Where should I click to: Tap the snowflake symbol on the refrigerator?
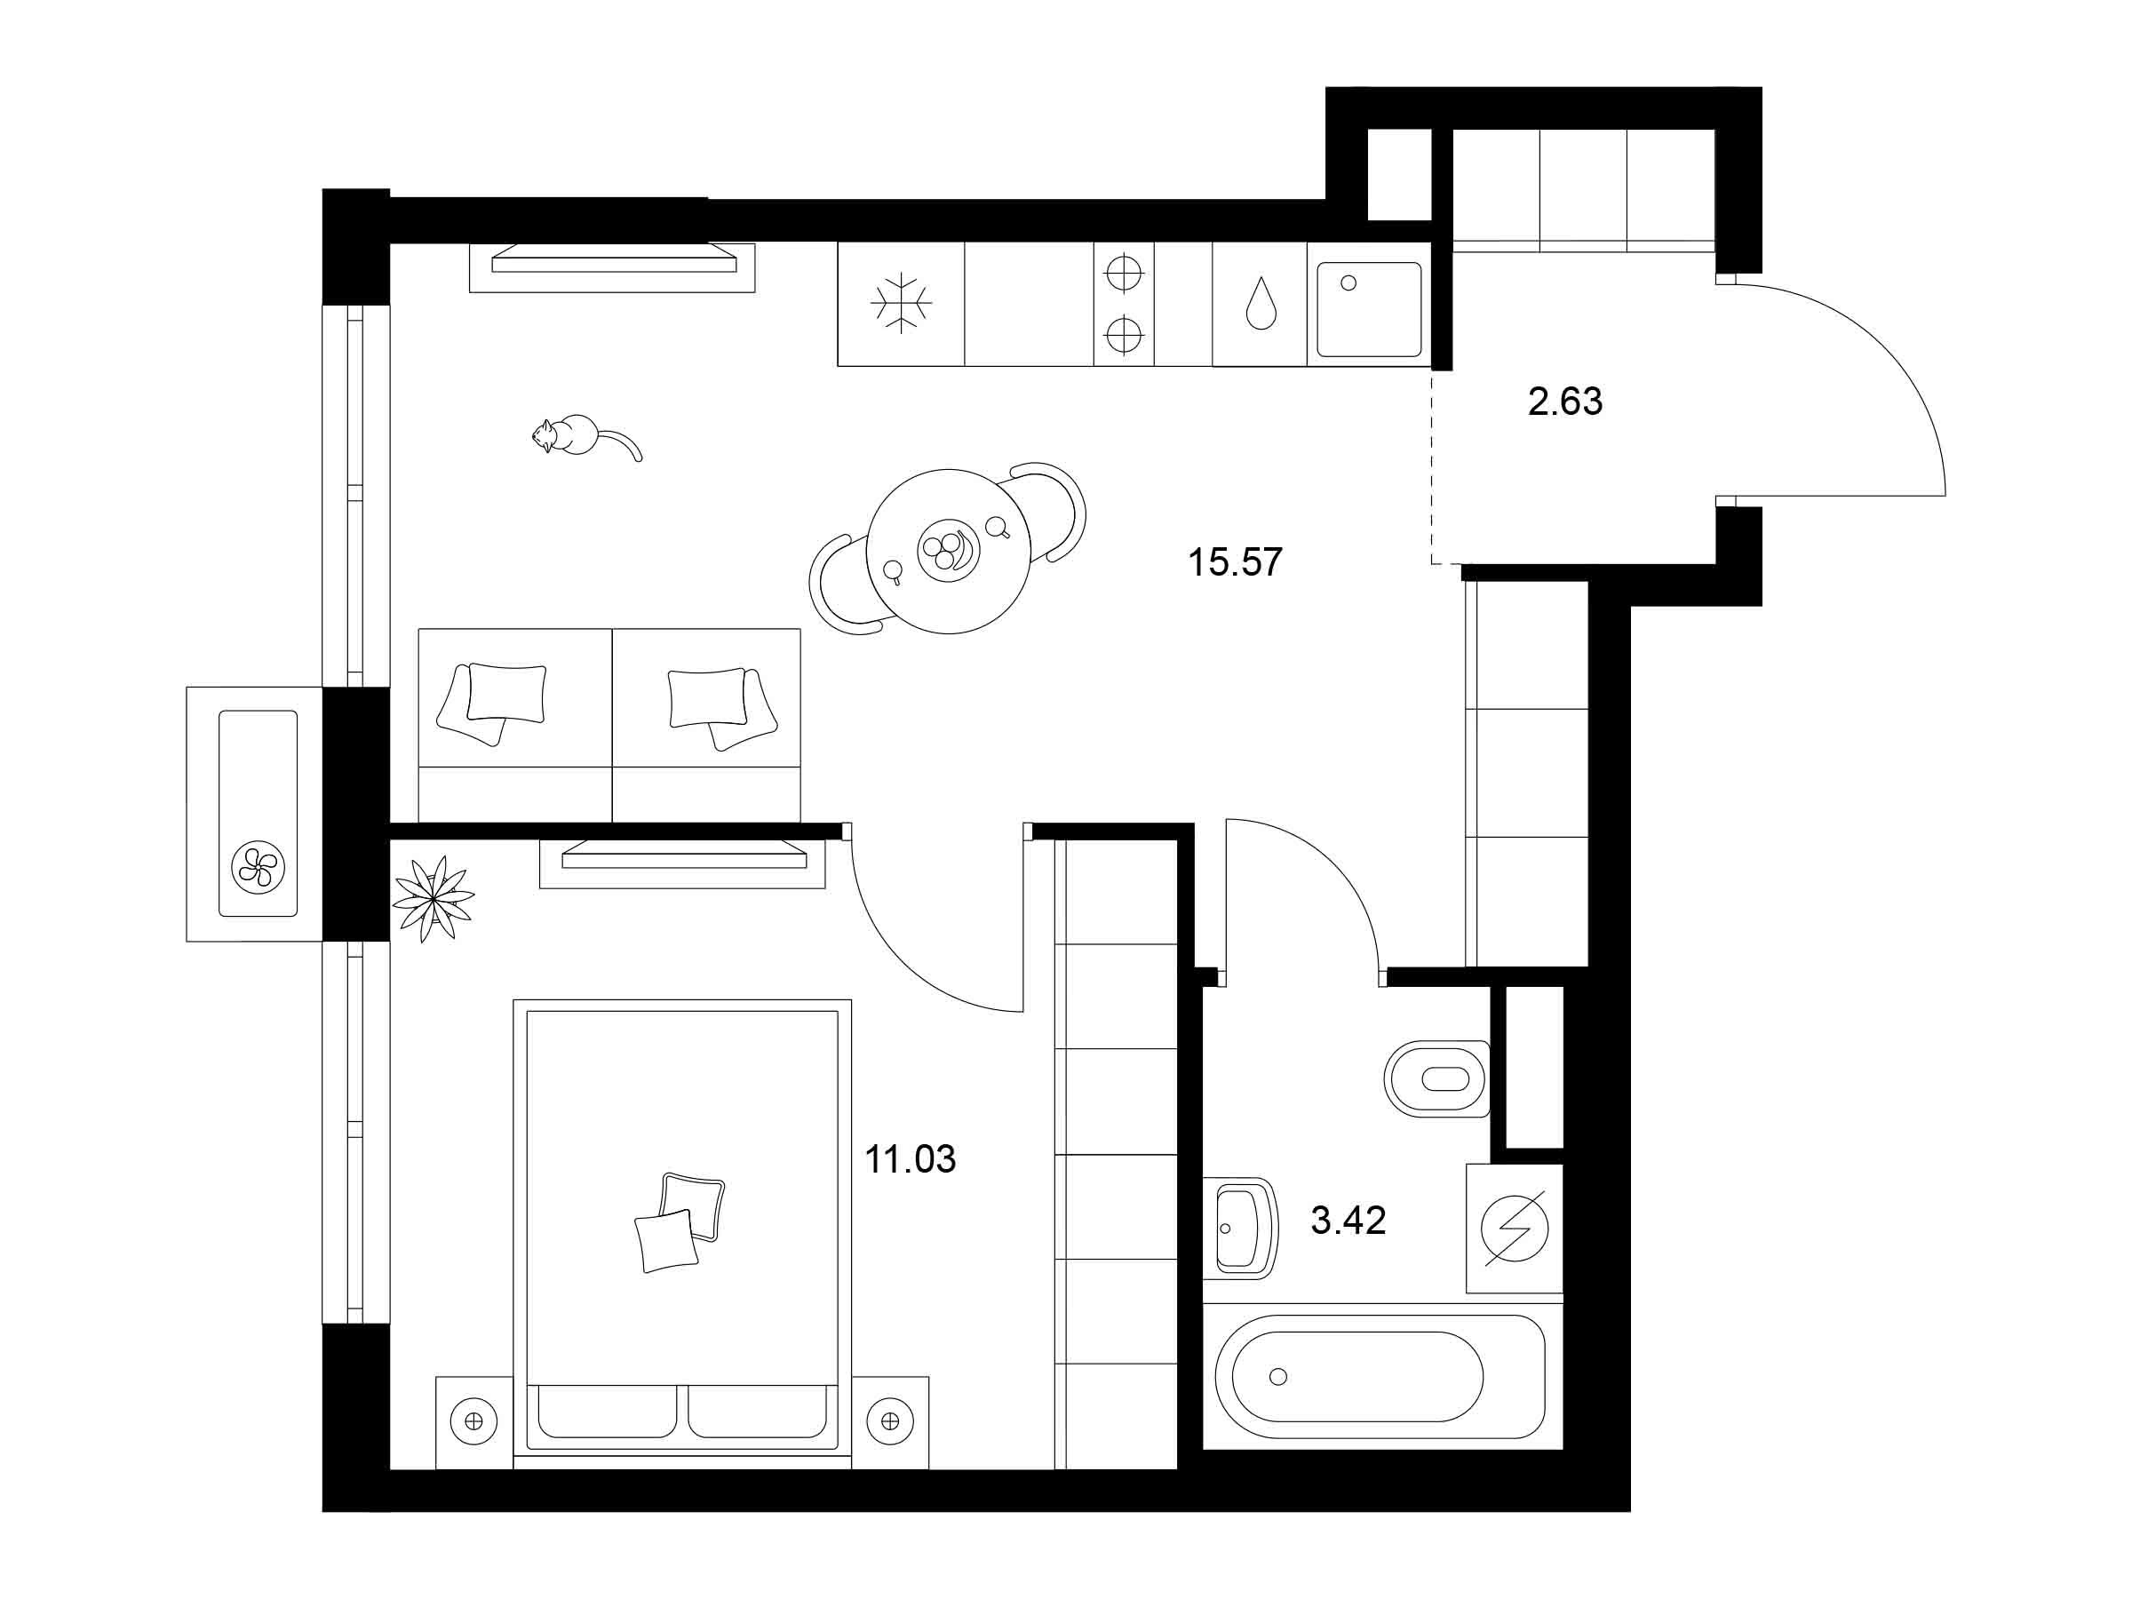(x=900, y=304)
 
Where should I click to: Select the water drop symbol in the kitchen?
(x=1261, y=303)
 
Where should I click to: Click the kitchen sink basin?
(x=1369, y=309)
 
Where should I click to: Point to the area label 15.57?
(x=1235, y=562)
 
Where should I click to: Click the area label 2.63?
(x=1565, y=401)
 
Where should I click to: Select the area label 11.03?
(x=910, y=1158)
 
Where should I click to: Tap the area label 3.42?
(x=1348, y=1221)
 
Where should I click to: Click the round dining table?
(x=949, y=552)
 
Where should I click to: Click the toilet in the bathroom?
(x=1437, y=1078)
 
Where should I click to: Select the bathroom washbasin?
(x=1240, y=1228)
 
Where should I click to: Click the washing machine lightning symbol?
(x=1515, y=1228)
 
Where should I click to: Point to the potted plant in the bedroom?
(x=433, y=898)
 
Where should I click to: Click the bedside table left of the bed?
(x=474, y=1422)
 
